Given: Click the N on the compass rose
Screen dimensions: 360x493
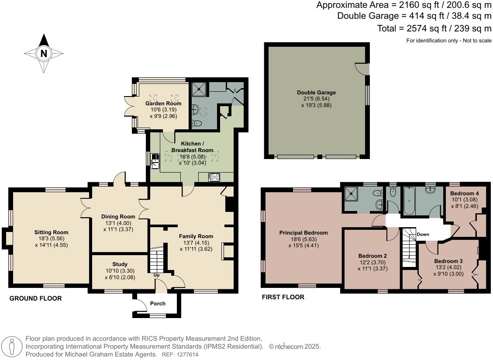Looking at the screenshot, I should point(43,54).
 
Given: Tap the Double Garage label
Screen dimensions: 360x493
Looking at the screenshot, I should point(316,93).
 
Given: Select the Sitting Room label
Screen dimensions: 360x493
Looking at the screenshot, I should point(52,232).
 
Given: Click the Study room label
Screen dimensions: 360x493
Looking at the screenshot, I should point(120,264).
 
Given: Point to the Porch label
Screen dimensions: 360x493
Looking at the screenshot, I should point(158,304).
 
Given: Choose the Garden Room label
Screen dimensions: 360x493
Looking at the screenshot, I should point(163,104).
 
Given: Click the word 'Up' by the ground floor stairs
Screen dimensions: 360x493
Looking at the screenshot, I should point(156,275).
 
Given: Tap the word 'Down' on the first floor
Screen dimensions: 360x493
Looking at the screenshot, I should point(423,235).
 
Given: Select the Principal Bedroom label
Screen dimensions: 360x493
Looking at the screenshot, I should point(303,233).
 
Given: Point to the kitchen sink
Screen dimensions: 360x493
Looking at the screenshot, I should point(155,161).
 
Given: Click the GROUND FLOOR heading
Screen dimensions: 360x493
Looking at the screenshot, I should point(35,299).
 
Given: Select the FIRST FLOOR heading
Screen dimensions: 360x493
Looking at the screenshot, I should point(283,297).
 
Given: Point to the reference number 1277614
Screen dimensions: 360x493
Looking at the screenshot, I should point(186,355).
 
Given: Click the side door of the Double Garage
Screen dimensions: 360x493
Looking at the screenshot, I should point(362,69).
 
